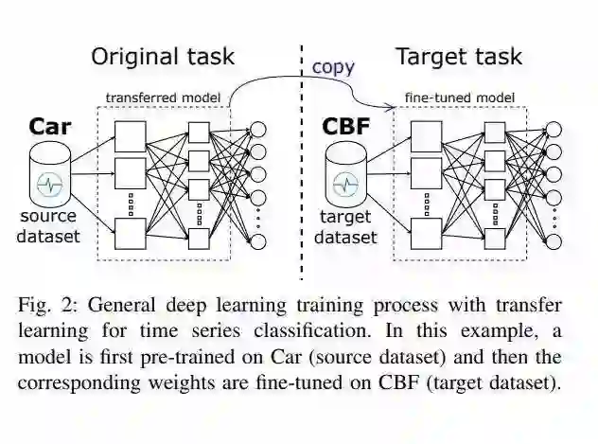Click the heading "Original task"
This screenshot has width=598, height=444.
coord(162,56)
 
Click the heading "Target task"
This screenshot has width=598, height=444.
coord(458,56)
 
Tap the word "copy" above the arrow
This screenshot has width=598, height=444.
coord(333,67)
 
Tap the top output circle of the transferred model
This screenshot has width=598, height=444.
coord(256,130)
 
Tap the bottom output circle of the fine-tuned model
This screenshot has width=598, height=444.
coord(554,242)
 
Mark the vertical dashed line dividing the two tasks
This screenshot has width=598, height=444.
coord(302,189)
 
